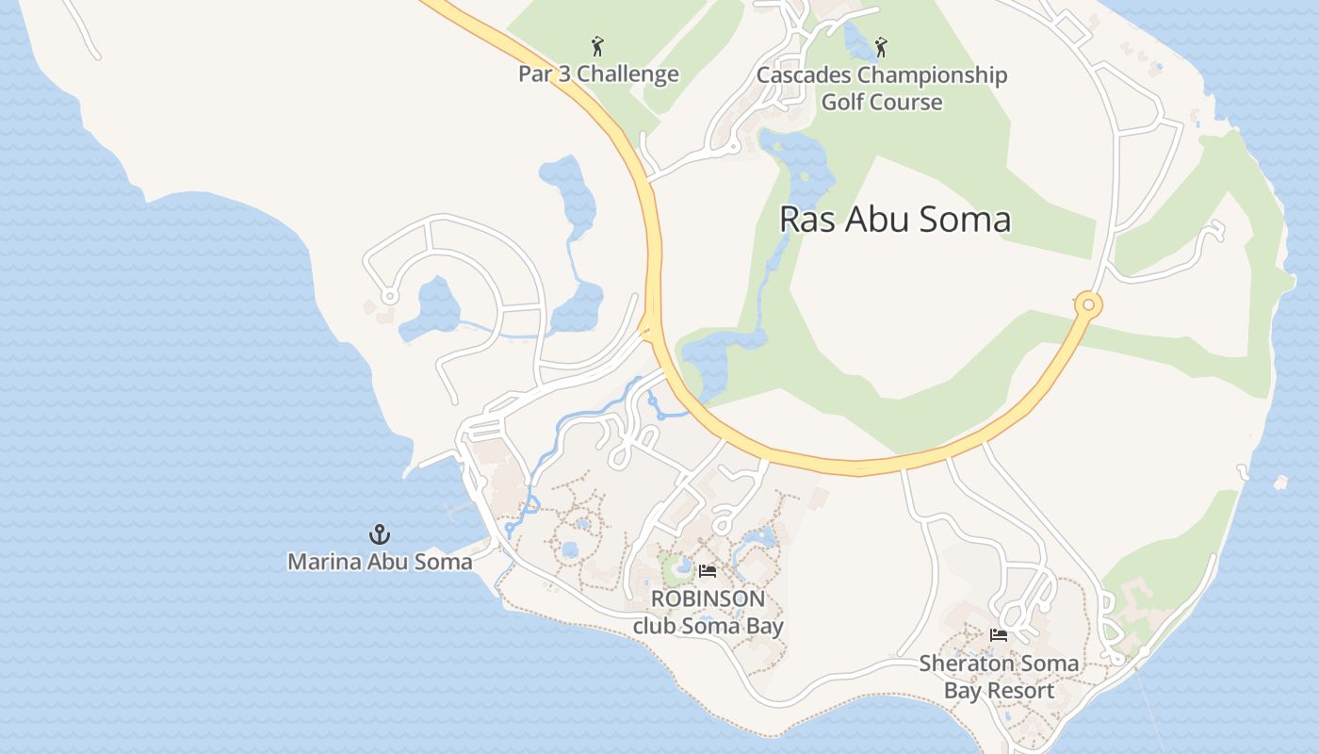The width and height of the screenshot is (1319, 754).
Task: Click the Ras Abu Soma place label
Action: pyautogui.click(x=895, y=220)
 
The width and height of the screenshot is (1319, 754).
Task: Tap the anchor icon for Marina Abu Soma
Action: pyautogui.click(x=379, y=535)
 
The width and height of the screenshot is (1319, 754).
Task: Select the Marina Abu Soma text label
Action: pyautogui.click(x=380, y=562)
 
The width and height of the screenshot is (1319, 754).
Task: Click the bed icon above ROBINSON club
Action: pyautogui.click(x=708, y=571)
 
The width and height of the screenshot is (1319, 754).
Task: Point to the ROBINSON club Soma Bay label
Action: pyautogui.click(x=708, y=612)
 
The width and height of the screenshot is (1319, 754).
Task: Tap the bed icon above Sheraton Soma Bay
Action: pyautogui.click(x=999, y=635)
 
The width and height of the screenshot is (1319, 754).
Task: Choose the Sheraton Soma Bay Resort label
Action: pyautogui.click(x=999, y=677)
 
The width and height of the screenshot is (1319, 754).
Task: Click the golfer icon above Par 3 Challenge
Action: pyautogui.click(x=597, y=45)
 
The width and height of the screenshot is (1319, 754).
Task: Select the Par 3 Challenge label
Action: pyautogui.click(x=598, y=74)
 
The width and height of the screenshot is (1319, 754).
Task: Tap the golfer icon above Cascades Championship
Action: pyautogui.click(x=881, y=46)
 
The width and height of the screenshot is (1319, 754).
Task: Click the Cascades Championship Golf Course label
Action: pyautogui.click(x=882, y=89)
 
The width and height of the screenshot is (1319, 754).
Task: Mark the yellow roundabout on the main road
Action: pyautogui.click(x=1088, y=304)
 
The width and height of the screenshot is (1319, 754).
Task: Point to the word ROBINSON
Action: pyautogui.click(x=708, y=598)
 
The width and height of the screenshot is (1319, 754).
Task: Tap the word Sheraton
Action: pyautogui.click(x=960, y=663)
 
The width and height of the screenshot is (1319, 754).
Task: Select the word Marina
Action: pyautogui.click(x=321, y=562)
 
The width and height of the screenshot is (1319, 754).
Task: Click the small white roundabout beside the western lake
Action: pyautogui.click(x=389, y=297)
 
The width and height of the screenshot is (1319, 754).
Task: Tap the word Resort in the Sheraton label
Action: pyautogui.click(x=1021, y=691)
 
